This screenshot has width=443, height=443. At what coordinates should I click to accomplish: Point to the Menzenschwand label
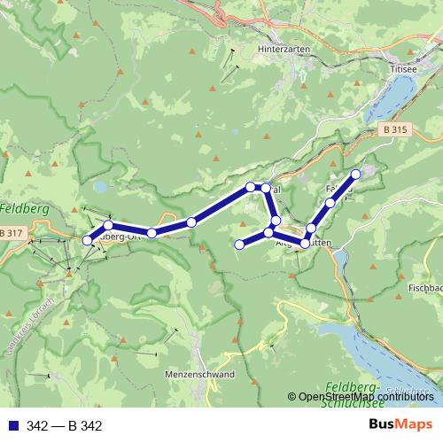[x=199, y=375]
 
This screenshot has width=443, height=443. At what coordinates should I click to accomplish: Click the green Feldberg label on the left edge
[x=18, y=210]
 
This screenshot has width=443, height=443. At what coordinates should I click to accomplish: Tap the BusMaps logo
[x=400, y=424]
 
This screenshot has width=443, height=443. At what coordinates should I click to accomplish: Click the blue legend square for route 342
[x=11, y=426]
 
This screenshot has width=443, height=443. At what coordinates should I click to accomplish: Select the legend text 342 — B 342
[x=65, y=426]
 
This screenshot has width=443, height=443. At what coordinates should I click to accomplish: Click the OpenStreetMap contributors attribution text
[x=363, y=396]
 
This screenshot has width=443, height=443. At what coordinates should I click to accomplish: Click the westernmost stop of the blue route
[x=87, y=240]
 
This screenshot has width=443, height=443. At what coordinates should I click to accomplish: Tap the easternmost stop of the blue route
[x=356, y=174]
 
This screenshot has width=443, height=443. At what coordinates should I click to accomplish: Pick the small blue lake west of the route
[x=100, y=187]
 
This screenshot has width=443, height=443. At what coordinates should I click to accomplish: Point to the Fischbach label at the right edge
[x=425, y=289]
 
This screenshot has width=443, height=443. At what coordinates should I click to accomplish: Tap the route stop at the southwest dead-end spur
[x=239, y=244]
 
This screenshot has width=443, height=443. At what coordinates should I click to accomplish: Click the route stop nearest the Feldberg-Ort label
[x=108, y=226]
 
